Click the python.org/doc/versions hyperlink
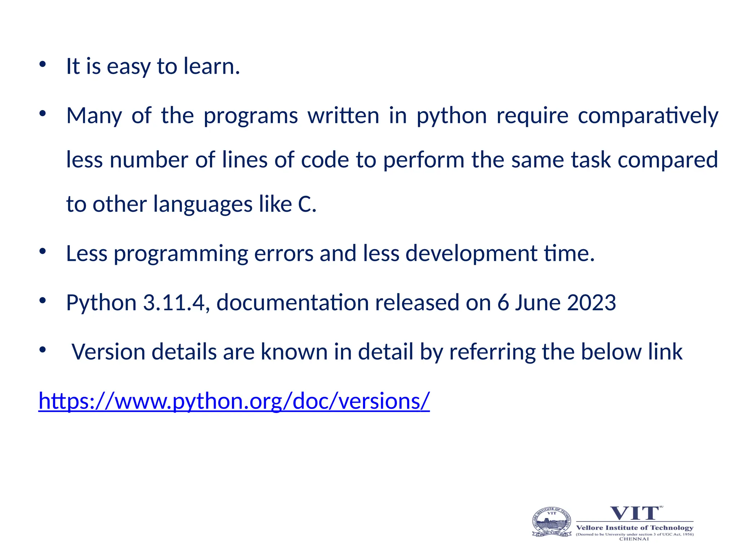(x=234, y=401)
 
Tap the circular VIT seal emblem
(x=552, y=522)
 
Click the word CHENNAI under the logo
(x=634, y=539)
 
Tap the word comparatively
(x=648, y=116)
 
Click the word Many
(x=94, y=116)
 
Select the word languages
(x=203, y=204)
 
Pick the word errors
(x=284, y=253)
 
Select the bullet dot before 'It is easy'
(x=43, y=65)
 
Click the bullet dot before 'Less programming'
(x=43, y=251)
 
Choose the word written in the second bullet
(x=343, y=116)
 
